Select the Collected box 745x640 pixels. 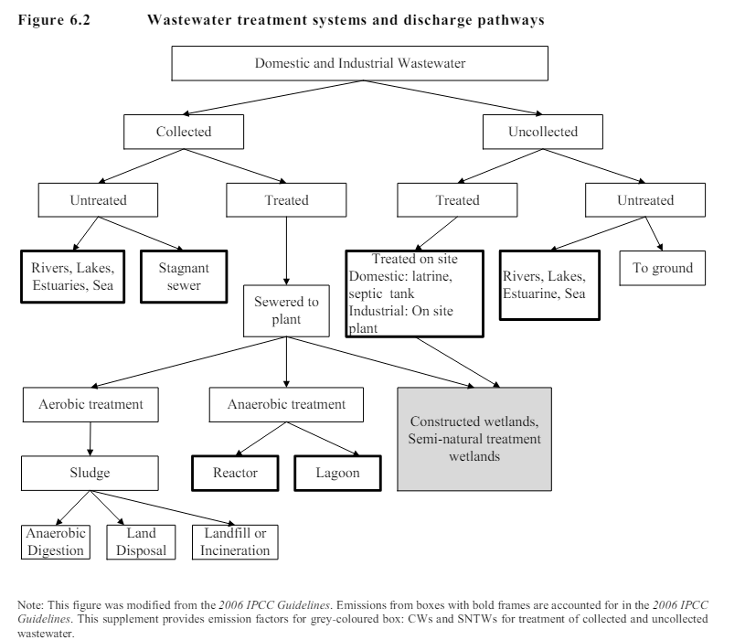tap(183, 132)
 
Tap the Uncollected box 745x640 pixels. tap(543, 132)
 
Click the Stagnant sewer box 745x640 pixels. tap(185, 276)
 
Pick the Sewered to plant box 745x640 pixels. tap(286, 311)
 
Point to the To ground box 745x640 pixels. tap(663, 268)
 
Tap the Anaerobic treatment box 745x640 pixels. tap(286, 404)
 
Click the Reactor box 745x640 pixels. tap(235, 473)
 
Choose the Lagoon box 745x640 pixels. tap(338, 473)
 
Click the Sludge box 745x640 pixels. tap(90, 473)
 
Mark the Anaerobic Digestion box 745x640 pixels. tap(55, 542)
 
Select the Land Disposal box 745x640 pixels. tap(142, 542)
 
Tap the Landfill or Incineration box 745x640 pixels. tap(235, 542)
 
